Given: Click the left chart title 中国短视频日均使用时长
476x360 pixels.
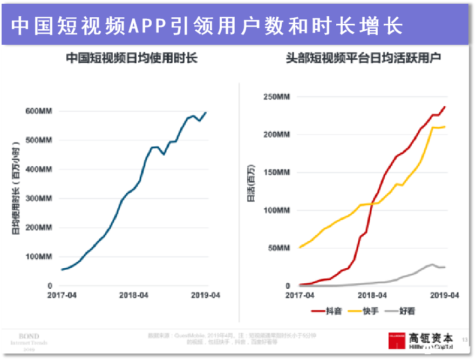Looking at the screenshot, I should (132, 58).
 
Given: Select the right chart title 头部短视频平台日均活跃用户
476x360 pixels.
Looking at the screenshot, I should (363, 58).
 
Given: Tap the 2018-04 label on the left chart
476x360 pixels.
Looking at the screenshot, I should (134, 295).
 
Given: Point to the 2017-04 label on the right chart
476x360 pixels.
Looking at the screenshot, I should (300, 295).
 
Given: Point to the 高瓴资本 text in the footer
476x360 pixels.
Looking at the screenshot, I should (431, 337).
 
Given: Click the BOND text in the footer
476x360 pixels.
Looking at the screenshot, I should (29, 336).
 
